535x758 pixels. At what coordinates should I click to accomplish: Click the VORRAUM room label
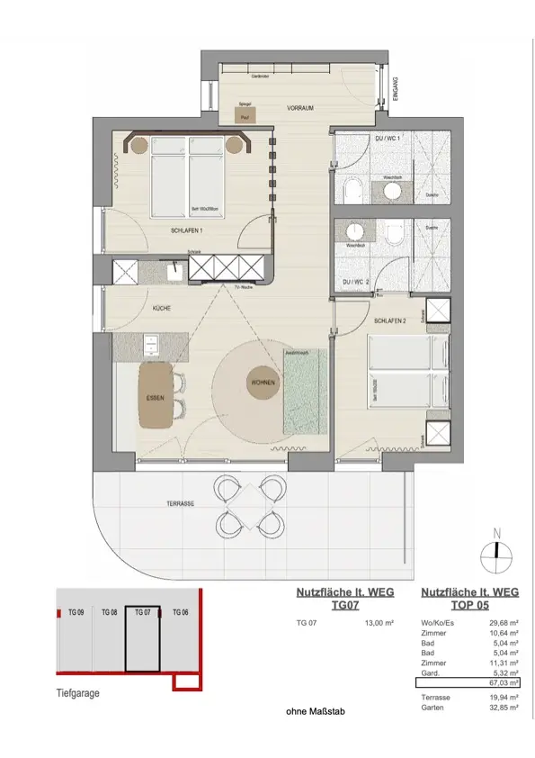(x=299, y=108)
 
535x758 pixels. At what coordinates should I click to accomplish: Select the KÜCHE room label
(x=162, y=308)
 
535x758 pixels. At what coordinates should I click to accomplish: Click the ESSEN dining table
(x=156, y=397)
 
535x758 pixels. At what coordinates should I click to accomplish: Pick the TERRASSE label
(x=180, y=504)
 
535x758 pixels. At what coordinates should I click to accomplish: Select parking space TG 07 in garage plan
(x=142, y=639)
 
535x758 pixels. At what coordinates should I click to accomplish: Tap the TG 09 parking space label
(x=76, y=611)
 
